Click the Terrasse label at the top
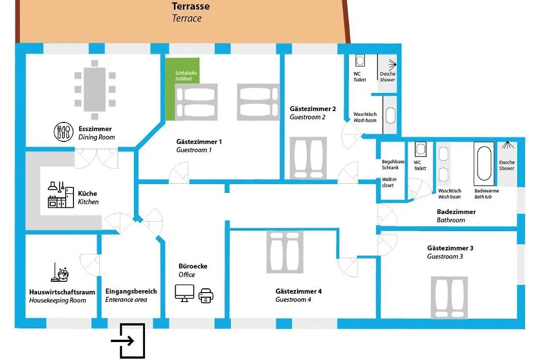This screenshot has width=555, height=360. pyautogui.click(x=191, y=6)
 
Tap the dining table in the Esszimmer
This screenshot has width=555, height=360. pyautogui.click(x=95, y=89)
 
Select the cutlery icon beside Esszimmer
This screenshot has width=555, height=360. pyautogui.click(x=64, y=132)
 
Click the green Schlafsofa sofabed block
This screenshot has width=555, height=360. pyautogui.click(x=182, y=89)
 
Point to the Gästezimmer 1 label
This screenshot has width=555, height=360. pyautogui.click(x=199, y=142)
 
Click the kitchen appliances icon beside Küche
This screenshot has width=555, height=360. pyautogui.click(x=61, y=195)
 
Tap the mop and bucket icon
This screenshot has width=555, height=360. pyautogui.click(x=60, y=273)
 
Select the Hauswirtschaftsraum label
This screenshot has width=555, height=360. pyautogui.click(x=62, y=292)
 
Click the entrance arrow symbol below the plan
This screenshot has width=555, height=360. pyautogui.click(x=128, y=340)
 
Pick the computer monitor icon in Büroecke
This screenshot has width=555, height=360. pyautogui.click(x=184, y=293)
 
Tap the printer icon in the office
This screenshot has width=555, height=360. pyautogui.click(x=206, y=296)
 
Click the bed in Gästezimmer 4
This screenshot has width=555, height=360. pyautogui.click(x=285, y=252)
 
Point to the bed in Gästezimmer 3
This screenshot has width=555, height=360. pyautogui.click(x=449, y=298)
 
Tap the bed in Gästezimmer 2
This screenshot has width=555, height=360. pyautogui.click(x=308, y=158)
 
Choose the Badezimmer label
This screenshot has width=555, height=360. pyautogui.click(x=456, y=212)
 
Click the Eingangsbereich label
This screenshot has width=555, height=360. pyautogui.click(x=131, y=291)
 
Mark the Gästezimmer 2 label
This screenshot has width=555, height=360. pyautogui.click(x=312, y=109)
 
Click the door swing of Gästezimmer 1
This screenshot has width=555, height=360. pyautogui.click(x=179, y=173)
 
